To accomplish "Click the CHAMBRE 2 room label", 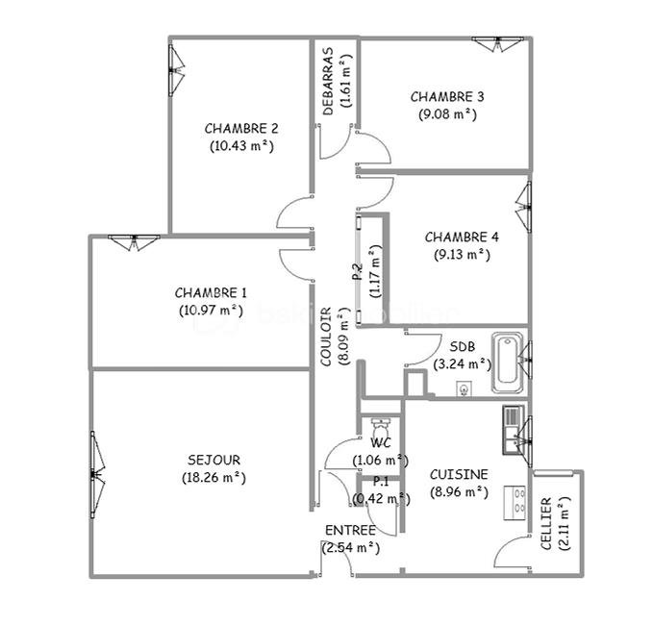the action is [x=241, y=128].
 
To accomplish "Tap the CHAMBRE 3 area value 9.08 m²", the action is [x=447, y=114].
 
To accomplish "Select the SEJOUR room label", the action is [x=214, y=460].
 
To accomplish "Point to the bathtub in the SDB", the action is [x=507, y=362].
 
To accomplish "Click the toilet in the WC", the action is [x=380, y=427].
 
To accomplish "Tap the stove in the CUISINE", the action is [x=515, y=503].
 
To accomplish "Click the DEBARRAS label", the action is [x=328, y=81].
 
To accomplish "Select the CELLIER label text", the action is [x=546, y=523].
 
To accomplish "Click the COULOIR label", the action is [x=326, y=337].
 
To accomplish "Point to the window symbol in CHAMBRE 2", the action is [x=175, y=70].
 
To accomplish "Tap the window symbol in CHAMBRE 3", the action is [x=497, y=43].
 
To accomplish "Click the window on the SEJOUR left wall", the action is [x=97, y=475].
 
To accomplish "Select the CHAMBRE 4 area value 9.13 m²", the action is [x=462, y=255].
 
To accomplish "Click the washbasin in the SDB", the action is [x=464, y=389].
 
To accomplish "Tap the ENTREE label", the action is [x=350, y=531].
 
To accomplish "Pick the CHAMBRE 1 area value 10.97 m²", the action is [x=212, y=311].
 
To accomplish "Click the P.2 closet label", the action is [x=358, y=272].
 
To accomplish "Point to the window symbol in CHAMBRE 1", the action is [x=134, y=242].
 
